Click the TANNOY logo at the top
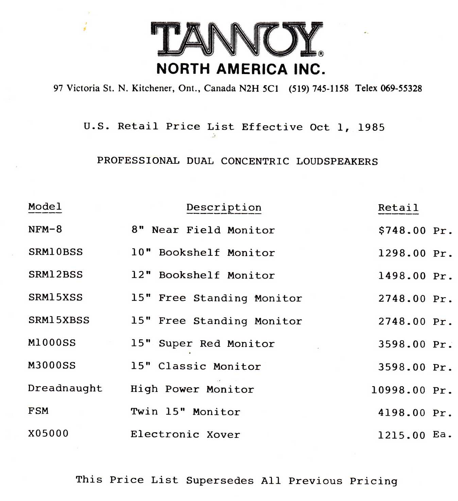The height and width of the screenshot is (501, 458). coord(237,39)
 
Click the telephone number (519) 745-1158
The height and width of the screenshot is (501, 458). coord(318,89)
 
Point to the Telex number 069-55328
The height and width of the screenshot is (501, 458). coord(401,89)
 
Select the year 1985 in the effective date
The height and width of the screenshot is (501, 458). coord(371,128)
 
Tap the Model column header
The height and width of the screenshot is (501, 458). coord(45,207)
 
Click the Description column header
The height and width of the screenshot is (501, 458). coord(224,208)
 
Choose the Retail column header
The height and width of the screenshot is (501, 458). coord(398,208)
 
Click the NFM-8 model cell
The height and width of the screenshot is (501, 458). coord(45,230)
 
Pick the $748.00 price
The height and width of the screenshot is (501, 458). coord(402,231)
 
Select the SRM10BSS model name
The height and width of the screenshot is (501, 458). coord(55,252)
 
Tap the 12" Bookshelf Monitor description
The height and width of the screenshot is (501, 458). coord(203,275)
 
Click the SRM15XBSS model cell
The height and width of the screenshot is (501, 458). coord(59,320)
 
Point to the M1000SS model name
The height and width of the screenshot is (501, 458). coord(52,343)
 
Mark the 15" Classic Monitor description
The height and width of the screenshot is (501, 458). coord(196,366)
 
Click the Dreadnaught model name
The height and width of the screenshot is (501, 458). coord(65,388)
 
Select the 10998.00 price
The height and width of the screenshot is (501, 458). coord(398,390)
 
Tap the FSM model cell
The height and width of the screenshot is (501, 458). coord(38,411)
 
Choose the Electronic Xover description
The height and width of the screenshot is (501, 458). coord(185,434)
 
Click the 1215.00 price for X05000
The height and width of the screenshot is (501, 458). coord(402,435)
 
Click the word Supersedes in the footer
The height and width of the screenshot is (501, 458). coord(220,481)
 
